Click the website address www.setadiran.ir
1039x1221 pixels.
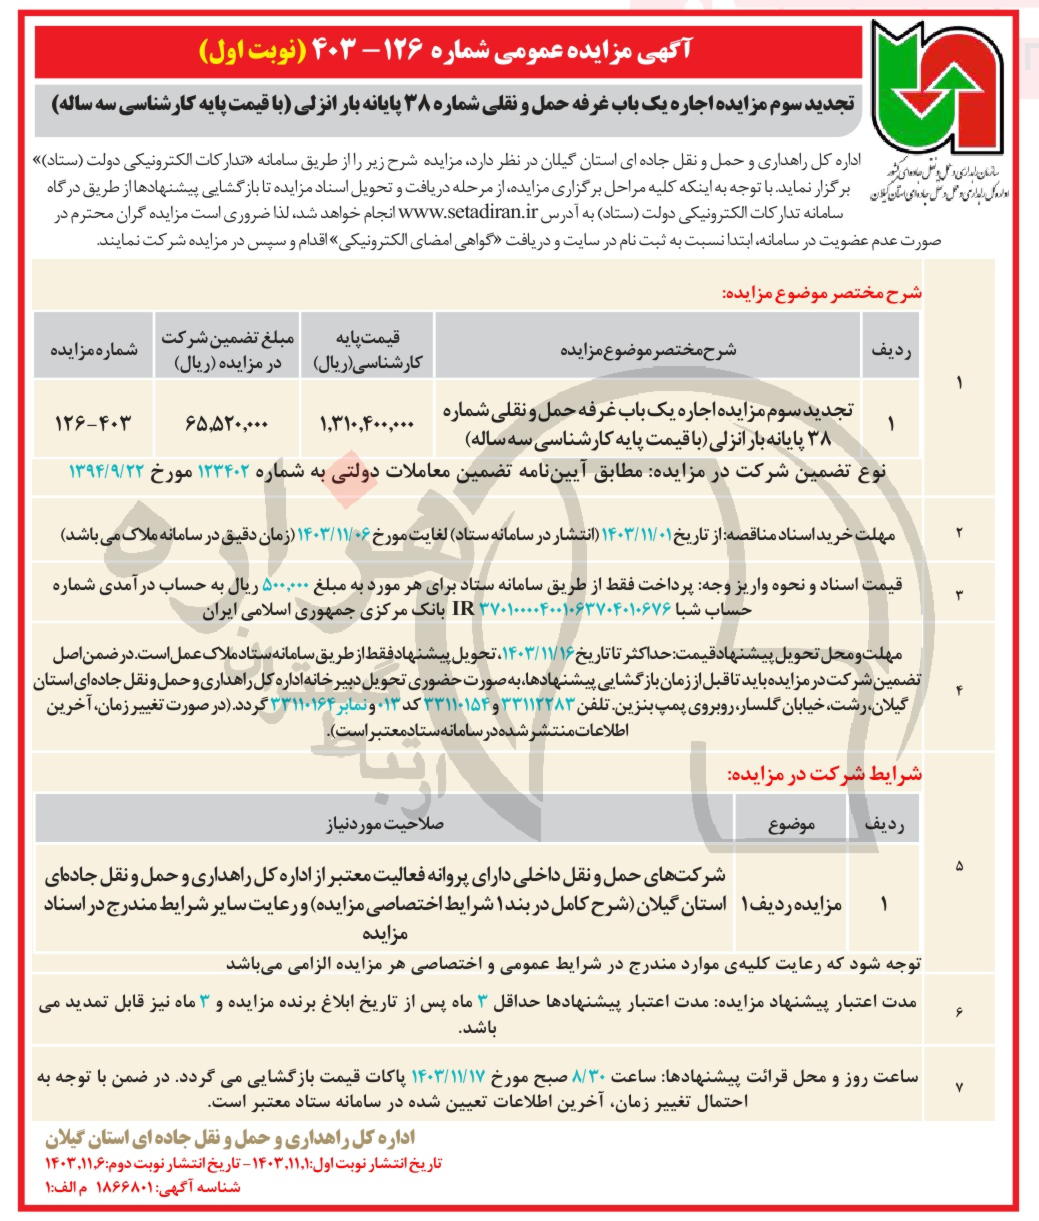coord(470,213)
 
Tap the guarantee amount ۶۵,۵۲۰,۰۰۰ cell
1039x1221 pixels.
coord(227,424)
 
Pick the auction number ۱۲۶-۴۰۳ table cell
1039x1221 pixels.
coord(92,424)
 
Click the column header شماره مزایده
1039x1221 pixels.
coord(92,352)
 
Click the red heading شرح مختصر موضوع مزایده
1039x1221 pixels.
coord(822,295)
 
